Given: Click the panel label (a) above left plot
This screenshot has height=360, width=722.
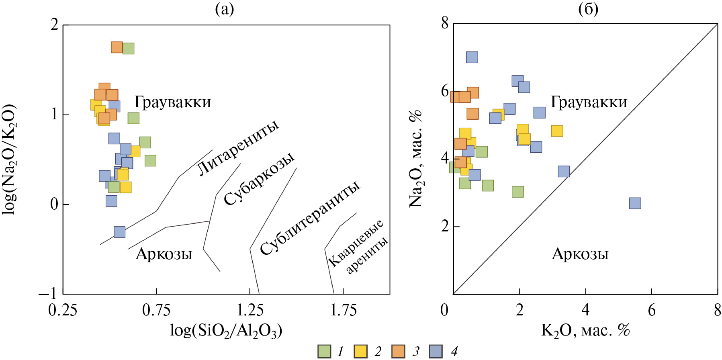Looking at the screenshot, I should coord(224,9).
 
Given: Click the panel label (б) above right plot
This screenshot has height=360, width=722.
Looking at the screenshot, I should coord(588,9).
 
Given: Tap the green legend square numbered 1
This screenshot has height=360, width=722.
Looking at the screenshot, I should coord(324,351).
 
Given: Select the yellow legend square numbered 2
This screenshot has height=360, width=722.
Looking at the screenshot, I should coord(361,351).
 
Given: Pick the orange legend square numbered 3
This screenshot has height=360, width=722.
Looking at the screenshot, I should coord(399,351).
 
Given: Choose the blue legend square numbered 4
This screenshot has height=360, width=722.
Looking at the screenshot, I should coord(436,351).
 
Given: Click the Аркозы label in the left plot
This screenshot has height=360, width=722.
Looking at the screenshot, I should coord(164,254).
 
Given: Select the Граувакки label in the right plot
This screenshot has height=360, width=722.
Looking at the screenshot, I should coord(589,102).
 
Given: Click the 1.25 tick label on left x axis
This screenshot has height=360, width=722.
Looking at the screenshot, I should coord(250,310).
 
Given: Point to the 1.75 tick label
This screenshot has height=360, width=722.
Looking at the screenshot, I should coord(344,310).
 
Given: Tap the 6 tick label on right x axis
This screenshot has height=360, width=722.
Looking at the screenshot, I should coord(651,310).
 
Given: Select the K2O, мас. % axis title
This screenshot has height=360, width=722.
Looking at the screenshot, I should coord(585,330).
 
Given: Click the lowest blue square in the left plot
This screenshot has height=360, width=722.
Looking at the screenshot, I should coord(119,232).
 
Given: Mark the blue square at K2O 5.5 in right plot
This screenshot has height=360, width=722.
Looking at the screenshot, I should coord(635,203).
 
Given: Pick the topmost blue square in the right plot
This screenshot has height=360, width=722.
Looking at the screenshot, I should coord(472,57).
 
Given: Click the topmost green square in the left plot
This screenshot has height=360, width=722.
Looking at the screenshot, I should coord(128,49).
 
